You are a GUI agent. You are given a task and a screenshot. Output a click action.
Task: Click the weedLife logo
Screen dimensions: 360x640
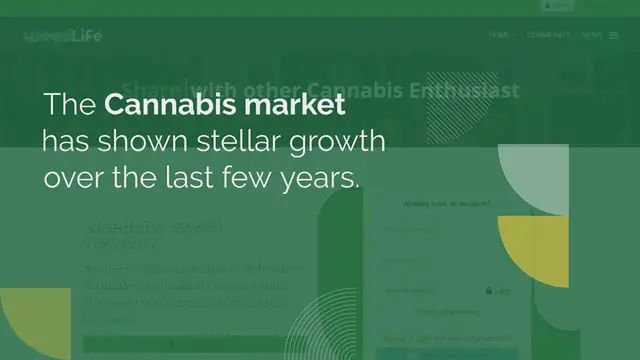point(62,35)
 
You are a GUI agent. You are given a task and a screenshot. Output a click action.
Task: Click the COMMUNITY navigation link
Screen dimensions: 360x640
point(548,35)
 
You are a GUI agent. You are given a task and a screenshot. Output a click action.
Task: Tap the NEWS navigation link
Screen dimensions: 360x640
point(591,35)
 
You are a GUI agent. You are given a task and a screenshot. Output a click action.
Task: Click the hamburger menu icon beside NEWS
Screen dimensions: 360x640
point(614,35)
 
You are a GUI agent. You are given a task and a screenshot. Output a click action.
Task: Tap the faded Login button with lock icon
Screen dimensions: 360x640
point(499,291)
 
